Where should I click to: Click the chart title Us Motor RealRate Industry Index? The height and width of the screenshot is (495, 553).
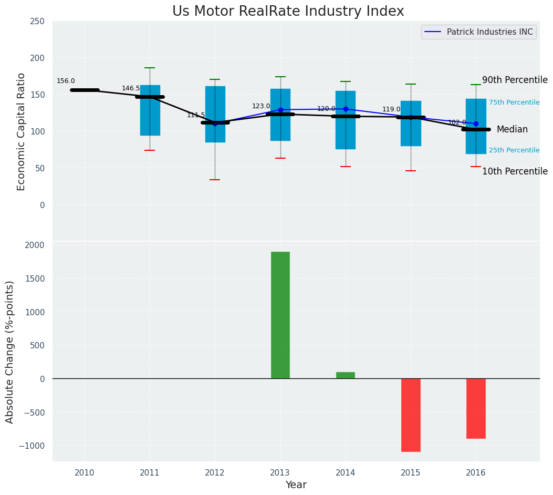[x=288, y=12]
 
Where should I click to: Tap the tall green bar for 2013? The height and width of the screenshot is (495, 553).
[x=280, y=315]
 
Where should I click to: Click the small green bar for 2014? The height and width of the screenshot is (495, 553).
[x=346, y=375]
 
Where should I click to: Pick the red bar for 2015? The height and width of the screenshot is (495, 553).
[x=411, y=415]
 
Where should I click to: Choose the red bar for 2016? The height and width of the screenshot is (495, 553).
[x=476, y=408]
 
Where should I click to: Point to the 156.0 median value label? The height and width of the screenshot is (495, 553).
[x=66, y=81]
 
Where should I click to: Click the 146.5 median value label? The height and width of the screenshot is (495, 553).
[x=131, y=88]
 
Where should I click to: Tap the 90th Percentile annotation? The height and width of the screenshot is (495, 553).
[x=515, y=80]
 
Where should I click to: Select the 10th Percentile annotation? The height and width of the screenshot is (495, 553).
[x=515, y=171]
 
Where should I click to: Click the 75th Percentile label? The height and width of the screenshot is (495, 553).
[x=514, y=102]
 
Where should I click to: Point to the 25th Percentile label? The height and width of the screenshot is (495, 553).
[x=514, y=150]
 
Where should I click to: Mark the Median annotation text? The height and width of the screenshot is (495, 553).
[x=512, y=129]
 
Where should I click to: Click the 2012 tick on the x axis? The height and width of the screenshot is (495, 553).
[x=215, y=473]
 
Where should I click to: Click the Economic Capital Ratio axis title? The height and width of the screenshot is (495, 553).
[x=21, y=131]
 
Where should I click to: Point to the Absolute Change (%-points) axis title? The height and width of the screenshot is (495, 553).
[x=10, y=352]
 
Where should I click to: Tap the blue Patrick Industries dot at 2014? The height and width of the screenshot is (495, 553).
[x=346, y=109]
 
